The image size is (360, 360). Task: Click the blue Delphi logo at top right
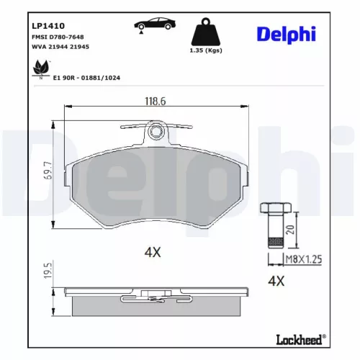[294, 35]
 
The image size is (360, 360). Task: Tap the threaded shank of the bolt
[272, 234]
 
